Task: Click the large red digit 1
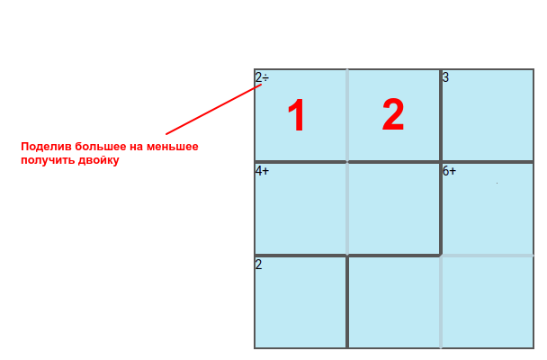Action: pyautogui.click(x=297, y=115)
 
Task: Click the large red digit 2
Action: pyautogui.click(x=393, y=114)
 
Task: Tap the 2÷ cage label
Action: pyautogui.click(x=262, y=77)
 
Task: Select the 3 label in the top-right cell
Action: pyautogui.click(x=445, y=77)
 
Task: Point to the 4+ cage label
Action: pyautogui.click(x=263, y=171)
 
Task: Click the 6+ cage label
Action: pyautogui.click(x=449, y=171)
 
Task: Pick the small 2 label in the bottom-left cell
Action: pyautogui.click(x=258, y=265)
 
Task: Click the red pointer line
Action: pyautogui.click(x=214, y=109)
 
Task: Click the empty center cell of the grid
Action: pyautogui.click(x=394, y=209)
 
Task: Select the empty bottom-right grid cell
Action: pyautogui.click(x=488, y=302)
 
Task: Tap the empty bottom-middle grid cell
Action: pyautogui.click(x=394, y=302)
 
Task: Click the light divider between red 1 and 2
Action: pyautogui.click(x=347, y=115)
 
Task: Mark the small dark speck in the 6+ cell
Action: pyautogui.click(x=498, y=183)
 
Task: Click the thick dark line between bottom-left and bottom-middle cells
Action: pyautogui.click(x=347, y=302)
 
